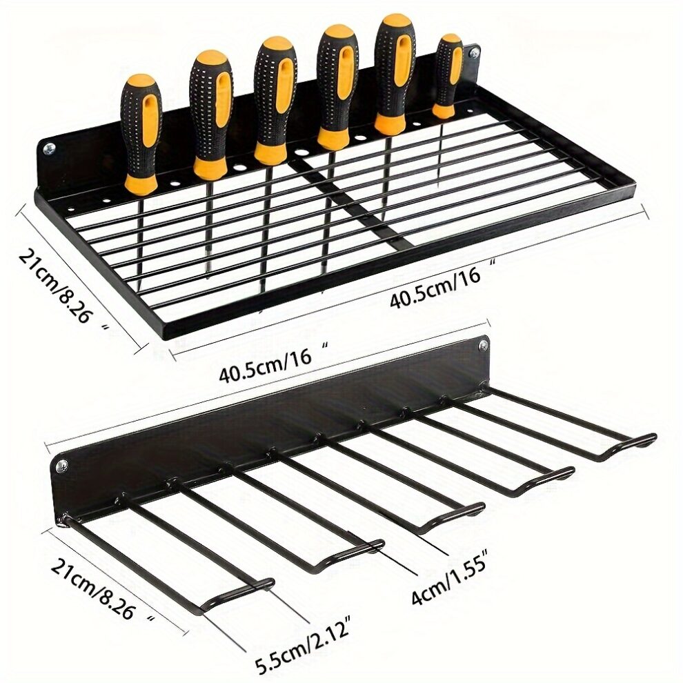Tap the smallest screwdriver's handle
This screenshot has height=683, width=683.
point(449,72)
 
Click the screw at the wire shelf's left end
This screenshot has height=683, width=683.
point(50,148)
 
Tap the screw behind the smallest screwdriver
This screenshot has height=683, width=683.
point(474,52)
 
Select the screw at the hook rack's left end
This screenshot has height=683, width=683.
point(63,466)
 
